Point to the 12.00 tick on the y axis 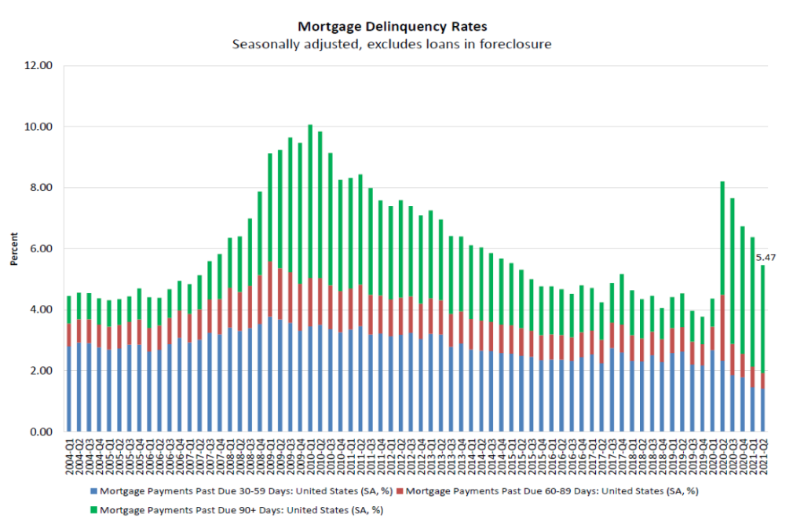coord(38,65)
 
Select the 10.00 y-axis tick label coord(38,127)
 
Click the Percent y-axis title coord(15,248)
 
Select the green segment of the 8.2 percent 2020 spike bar coord(722,236)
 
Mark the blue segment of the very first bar coord(69,389)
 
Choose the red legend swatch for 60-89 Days coord(402,491)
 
